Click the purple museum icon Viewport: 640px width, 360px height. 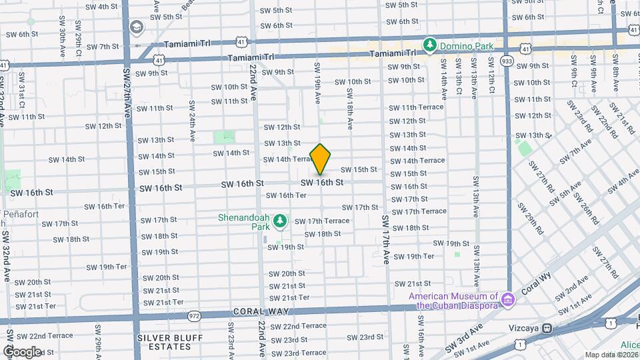coord(508,300)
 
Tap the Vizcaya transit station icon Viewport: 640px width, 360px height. coord(547,328)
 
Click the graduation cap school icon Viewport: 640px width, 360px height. coord(137,27)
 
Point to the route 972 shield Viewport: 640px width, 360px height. coord(195,315)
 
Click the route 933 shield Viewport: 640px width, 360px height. coord(507,61)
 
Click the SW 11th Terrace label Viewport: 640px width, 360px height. coord(417,107)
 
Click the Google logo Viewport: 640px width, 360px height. coord(22,351)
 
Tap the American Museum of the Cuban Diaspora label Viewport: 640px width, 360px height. coord(454,301)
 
